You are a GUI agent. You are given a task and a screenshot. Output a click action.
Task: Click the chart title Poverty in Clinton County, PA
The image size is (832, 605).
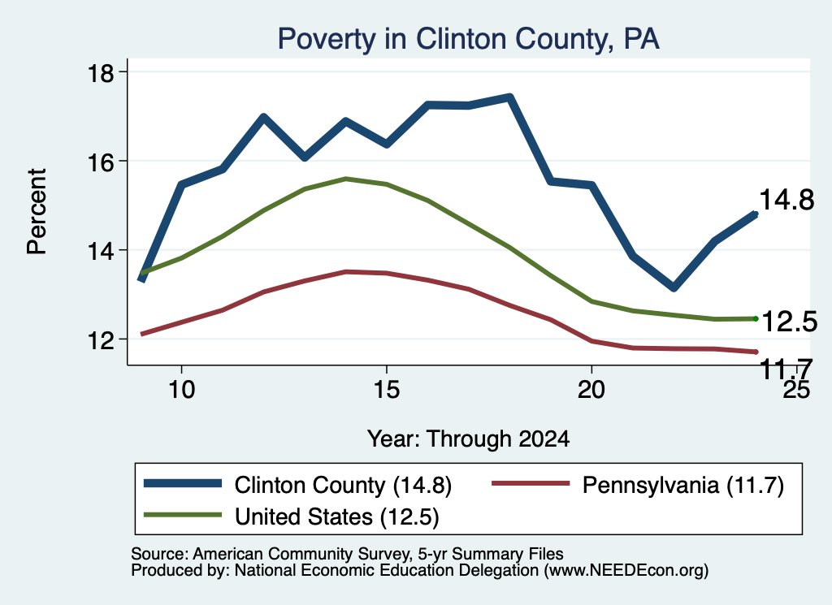[x=469, y=39]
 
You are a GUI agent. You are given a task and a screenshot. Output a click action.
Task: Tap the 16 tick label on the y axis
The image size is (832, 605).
[x=100, y=162]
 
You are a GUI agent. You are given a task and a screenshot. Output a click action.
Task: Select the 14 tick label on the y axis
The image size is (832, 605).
[x=100, y=251]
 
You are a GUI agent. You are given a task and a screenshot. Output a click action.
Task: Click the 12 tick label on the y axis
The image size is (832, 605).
[x=100, y=340]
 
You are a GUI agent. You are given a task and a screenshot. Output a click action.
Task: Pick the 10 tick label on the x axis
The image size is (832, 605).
[x=182, y=390]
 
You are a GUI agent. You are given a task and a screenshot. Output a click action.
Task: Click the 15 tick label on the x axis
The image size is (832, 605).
[x=386, y=390]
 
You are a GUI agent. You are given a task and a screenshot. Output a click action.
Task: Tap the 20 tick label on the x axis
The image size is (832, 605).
[x=591, y=390]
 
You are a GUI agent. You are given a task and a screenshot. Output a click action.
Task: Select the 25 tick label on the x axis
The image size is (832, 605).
[x=796, y=390]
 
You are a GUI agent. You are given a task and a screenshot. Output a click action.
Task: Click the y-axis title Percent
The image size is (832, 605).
[x=37, y=212]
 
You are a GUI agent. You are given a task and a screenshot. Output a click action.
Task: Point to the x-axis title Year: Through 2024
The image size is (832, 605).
[x=469, y=439]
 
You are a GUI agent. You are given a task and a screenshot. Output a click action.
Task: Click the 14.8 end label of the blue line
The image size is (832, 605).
[x=786, y=201]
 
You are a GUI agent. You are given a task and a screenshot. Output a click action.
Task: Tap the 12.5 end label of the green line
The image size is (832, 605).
[x=790, y=322]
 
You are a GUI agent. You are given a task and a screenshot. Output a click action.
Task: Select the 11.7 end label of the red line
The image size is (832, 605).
[x=786, y=368]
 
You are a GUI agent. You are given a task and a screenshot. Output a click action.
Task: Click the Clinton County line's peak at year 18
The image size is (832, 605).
[x=509, y=97]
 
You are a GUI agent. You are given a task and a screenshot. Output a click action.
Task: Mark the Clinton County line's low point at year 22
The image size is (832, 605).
[x=674, y=287]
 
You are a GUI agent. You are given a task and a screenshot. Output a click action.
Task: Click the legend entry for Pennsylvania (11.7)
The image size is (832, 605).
[x=638, y=485]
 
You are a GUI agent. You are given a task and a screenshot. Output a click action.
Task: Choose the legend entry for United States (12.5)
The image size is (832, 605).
[x=292, y=516]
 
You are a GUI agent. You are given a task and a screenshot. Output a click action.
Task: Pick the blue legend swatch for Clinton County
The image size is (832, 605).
[x=183, y=483]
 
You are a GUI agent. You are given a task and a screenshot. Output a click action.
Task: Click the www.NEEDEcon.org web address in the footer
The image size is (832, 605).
[x=626, y=571]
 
